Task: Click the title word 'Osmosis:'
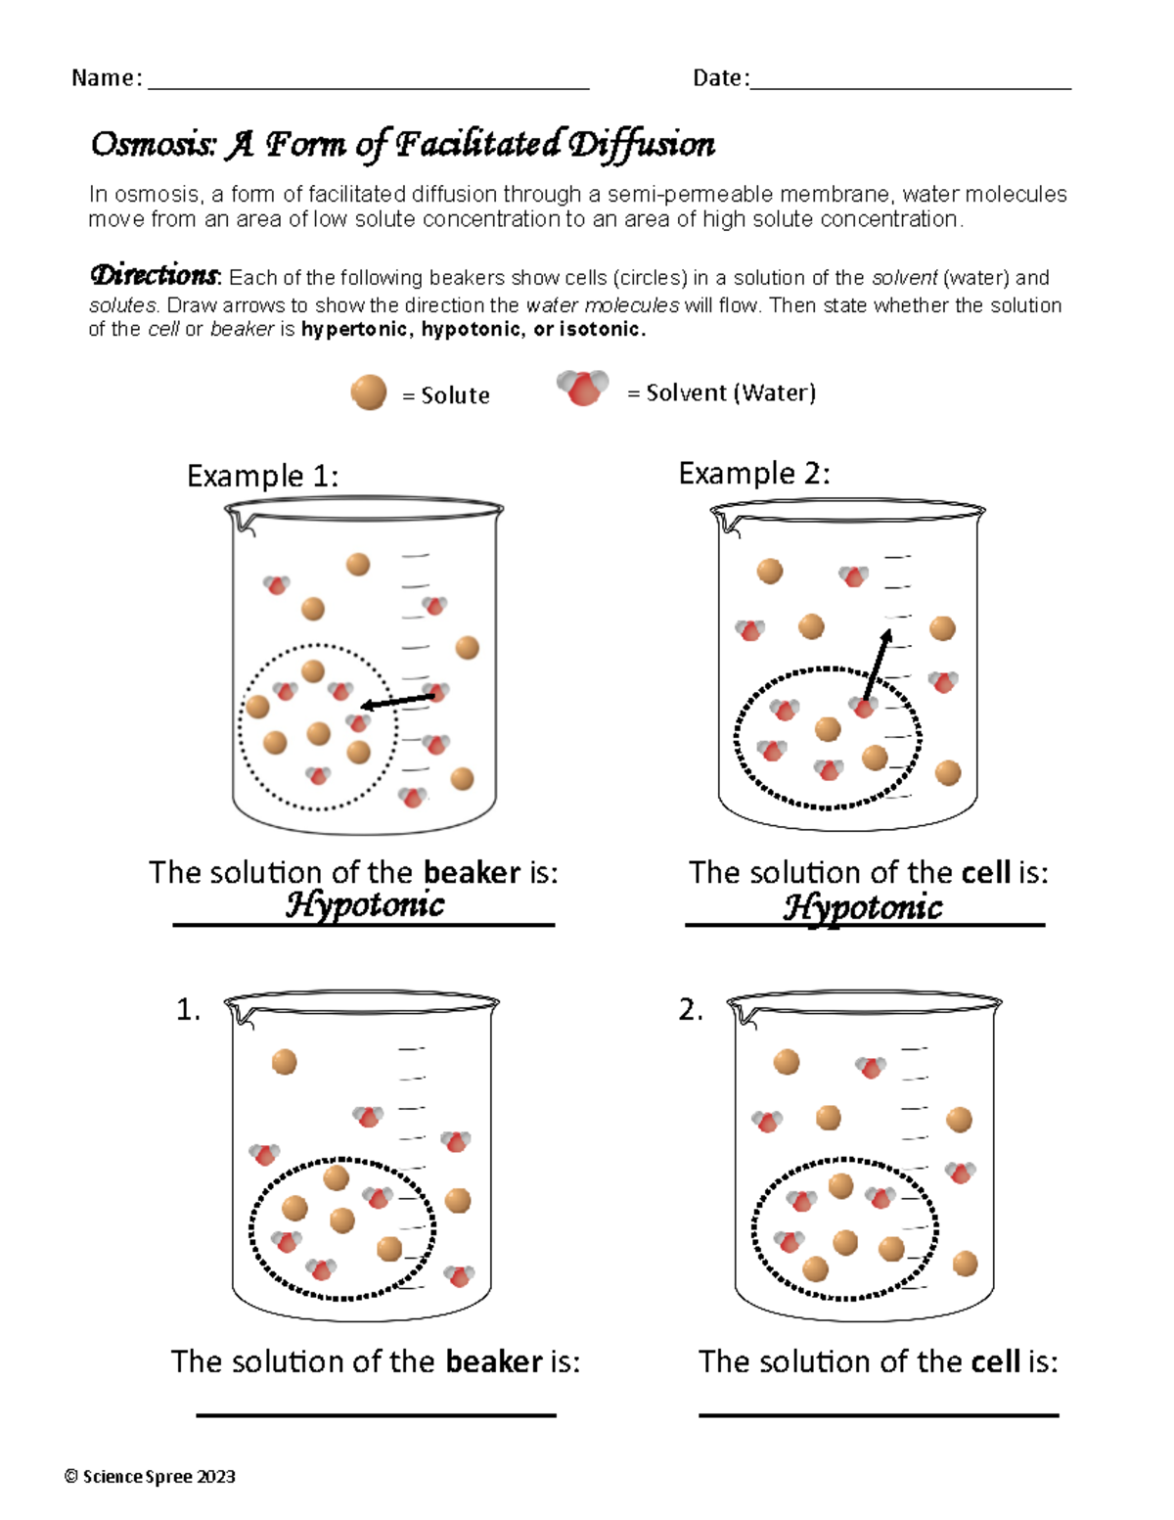(152, 145)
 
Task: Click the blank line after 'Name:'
(367, 88)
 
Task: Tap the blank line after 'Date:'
(910, 88)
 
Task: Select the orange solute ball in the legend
(369, 393)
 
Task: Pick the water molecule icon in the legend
(582, 389)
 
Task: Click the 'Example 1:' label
(262, 477)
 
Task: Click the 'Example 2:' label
(753, 474)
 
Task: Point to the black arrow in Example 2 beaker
(878, 666)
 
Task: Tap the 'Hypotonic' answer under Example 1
(364, 904)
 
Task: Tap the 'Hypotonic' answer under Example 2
(863, 907)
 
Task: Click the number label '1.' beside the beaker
(189, 1011)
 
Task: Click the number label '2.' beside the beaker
(691, 1011)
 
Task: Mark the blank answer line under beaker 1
(376, 1414)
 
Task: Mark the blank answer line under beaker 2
(879, 1414)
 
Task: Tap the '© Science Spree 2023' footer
(150, 1477)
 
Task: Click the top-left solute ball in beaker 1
(284, 1062)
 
